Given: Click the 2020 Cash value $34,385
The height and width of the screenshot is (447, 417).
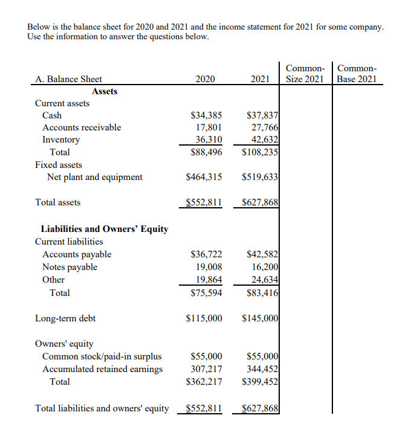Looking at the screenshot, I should click(x=206, y=115).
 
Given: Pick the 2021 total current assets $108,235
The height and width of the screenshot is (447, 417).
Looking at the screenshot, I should click(x=260, y=152).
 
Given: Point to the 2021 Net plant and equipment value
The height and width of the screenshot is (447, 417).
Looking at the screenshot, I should click(x=260, y=177).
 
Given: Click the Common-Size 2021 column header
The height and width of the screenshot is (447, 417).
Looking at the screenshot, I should click(x=305, y=74).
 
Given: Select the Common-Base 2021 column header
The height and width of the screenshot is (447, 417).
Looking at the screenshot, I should click(x=357, y=74).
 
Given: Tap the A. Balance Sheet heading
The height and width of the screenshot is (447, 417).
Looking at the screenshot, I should click(x=69, y=79).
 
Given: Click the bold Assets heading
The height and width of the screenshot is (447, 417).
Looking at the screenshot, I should click(x=105, y=91).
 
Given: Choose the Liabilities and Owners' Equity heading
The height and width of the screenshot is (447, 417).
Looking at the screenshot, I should click(x=104, y=229).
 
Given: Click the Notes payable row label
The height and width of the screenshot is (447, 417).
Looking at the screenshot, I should click(x=69, y=267).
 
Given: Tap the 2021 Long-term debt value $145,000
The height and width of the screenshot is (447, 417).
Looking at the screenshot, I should click(x=260, y=318).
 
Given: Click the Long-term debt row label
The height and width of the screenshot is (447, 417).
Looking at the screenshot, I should click(x=65, y=318).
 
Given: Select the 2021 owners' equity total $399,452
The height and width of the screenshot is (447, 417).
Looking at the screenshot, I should click(x=260, y=382).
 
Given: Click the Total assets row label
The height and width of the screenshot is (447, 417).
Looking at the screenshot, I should click(x=58, y=202).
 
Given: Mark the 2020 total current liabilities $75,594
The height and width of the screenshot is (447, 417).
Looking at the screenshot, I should click(x=206, y=293).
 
